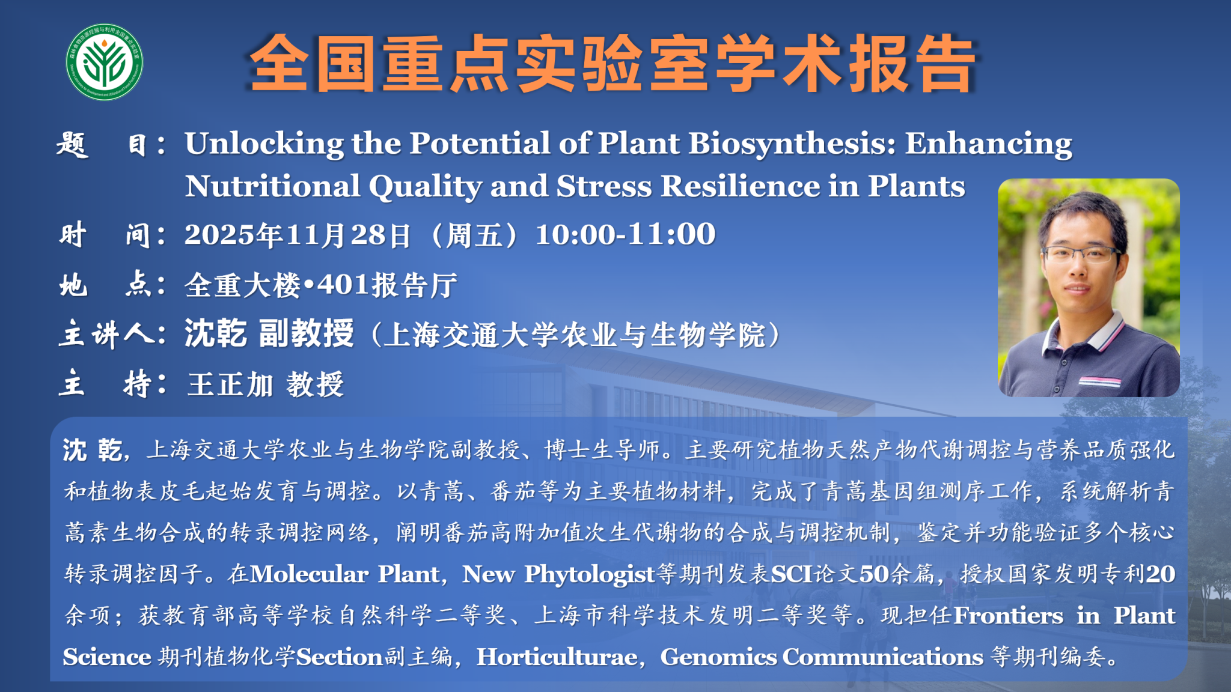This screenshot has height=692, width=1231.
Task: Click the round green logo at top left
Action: click(x=105, y=62)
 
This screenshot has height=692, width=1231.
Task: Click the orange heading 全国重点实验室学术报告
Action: click(x=613, y=64)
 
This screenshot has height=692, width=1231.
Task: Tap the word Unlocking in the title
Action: click(x=264, y=144)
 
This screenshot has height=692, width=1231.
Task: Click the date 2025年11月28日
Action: click(x=298, y=235)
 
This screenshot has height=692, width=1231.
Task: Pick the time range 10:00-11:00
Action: click(x=625, y=234)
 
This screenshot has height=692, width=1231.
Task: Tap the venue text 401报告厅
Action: click(x=388, y=285)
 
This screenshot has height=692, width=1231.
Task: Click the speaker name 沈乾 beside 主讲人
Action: click(x=215, y=333)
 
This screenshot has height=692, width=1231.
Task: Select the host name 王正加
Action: click(x=230, y=384)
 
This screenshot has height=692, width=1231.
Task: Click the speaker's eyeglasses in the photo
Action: click(x=1082, y=253)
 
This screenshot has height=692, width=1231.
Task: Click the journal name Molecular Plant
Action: click(x=344, y=574)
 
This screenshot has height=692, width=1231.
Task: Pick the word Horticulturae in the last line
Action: click(x=557, y=657)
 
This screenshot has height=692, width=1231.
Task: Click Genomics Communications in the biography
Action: click(x=822, y=657)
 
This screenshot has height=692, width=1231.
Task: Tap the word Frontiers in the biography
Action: click(x=1008, y=615)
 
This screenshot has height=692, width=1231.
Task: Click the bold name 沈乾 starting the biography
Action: click(x=93, y=449)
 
